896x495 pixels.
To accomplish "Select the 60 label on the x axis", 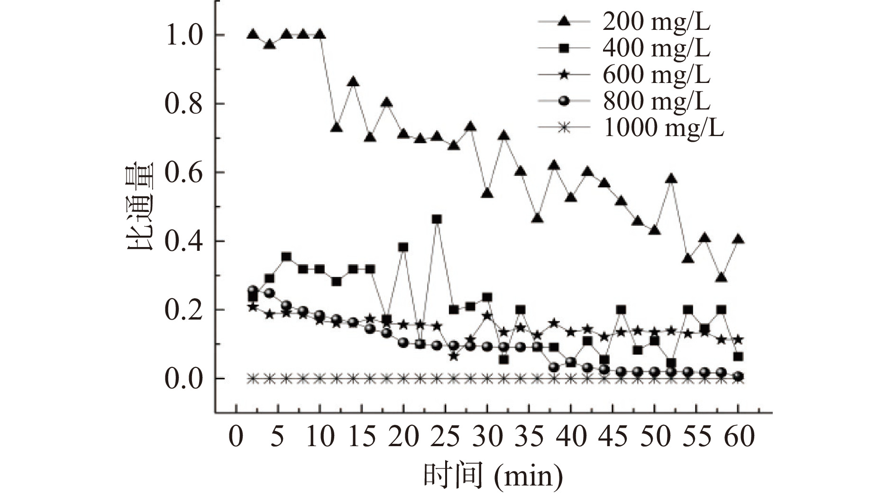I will (739, 436).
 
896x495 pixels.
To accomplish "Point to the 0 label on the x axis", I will (236, 436).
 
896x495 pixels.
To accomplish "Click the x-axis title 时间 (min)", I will (493, 476).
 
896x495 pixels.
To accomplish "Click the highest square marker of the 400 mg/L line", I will (437, 219).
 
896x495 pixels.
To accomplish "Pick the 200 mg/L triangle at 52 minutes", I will (671, 179).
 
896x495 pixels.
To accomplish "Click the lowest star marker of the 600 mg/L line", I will (454, 356).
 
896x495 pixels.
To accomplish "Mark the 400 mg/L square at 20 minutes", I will (403, 247).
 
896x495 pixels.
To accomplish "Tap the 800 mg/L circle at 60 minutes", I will (738, 376).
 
